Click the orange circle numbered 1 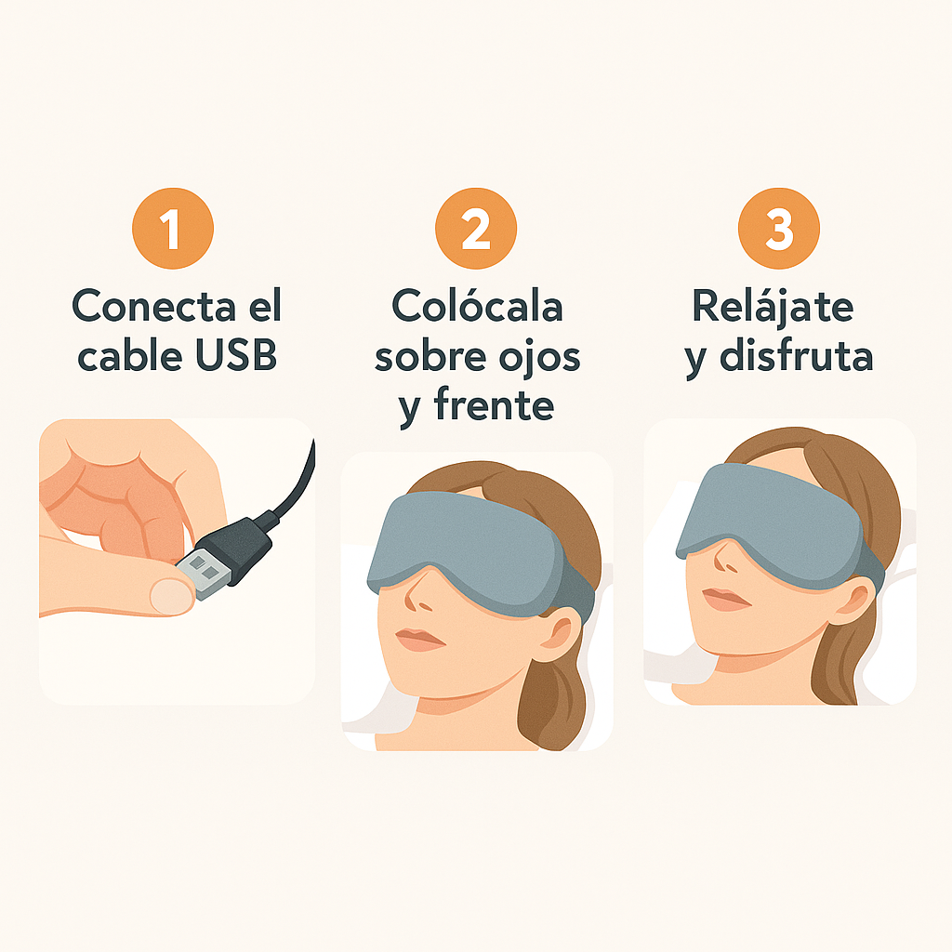click(173, 229)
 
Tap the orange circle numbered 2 click(476, 229)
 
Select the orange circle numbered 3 click(779, 229)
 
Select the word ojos click(540, 358)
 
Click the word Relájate click(773, 307)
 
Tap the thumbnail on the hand click(172, 596)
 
